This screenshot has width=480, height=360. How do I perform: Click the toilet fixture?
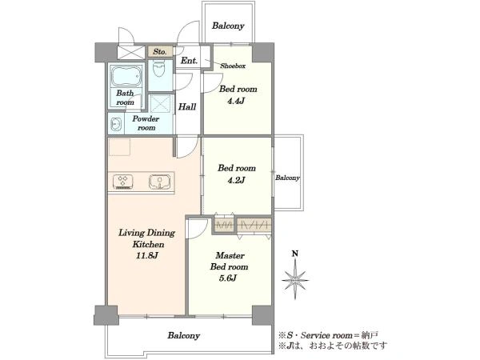158,69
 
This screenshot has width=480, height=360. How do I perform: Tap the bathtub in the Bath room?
126,76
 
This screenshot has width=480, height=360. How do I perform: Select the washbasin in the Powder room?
116,124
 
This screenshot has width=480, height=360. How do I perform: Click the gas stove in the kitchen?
123,182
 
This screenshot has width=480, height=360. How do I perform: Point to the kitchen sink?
159,182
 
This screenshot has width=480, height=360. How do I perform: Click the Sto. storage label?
160,51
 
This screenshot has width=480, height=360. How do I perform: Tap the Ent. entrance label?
189,61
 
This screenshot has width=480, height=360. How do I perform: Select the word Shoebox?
233,66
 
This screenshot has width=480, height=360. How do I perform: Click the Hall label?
187,107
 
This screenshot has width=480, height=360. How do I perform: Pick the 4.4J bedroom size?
236,101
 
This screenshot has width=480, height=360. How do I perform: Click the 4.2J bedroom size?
236,180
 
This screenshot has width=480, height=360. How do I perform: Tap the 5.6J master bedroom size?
228,278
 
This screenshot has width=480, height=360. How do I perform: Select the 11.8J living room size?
147,255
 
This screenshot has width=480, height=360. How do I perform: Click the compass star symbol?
294,279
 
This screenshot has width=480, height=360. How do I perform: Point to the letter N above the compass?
294,254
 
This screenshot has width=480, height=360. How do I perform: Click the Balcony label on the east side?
287,178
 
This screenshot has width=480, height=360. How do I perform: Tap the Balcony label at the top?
228,26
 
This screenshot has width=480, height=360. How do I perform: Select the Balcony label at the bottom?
184,335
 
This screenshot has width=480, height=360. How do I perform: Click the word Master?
230,255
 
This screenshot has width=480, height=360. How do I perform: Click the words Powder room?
146,123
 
